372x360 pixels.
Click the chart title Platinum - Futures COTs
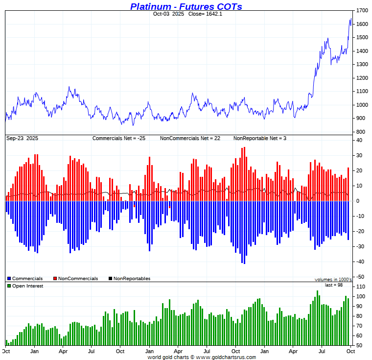tap(186, 6)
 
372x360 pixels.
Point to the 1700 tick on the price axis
tap(362, 10)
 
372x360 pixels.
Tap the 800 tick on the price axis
tap(360, 132)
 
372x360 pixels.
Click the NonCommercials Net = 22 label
tap(190, 138)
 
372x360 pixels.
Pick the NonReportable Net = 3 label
tap(259, 138)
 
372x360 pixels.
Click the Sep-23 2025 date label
tap(22, 138)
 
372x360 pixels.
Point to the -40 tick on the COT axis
tap(361, 262)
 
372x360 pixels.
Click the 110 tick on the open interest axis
tap(361, 287)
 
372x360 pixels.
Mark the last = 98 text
tap(335, 285)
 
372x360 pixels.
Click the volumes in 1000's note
tap(333, 280)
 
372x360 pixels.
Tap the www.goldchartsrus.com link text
tap(226, 357)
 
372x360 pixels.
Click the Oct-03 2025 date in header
tap(168, 14)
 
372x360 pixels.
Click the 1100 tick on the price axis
tap(362, 91)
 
